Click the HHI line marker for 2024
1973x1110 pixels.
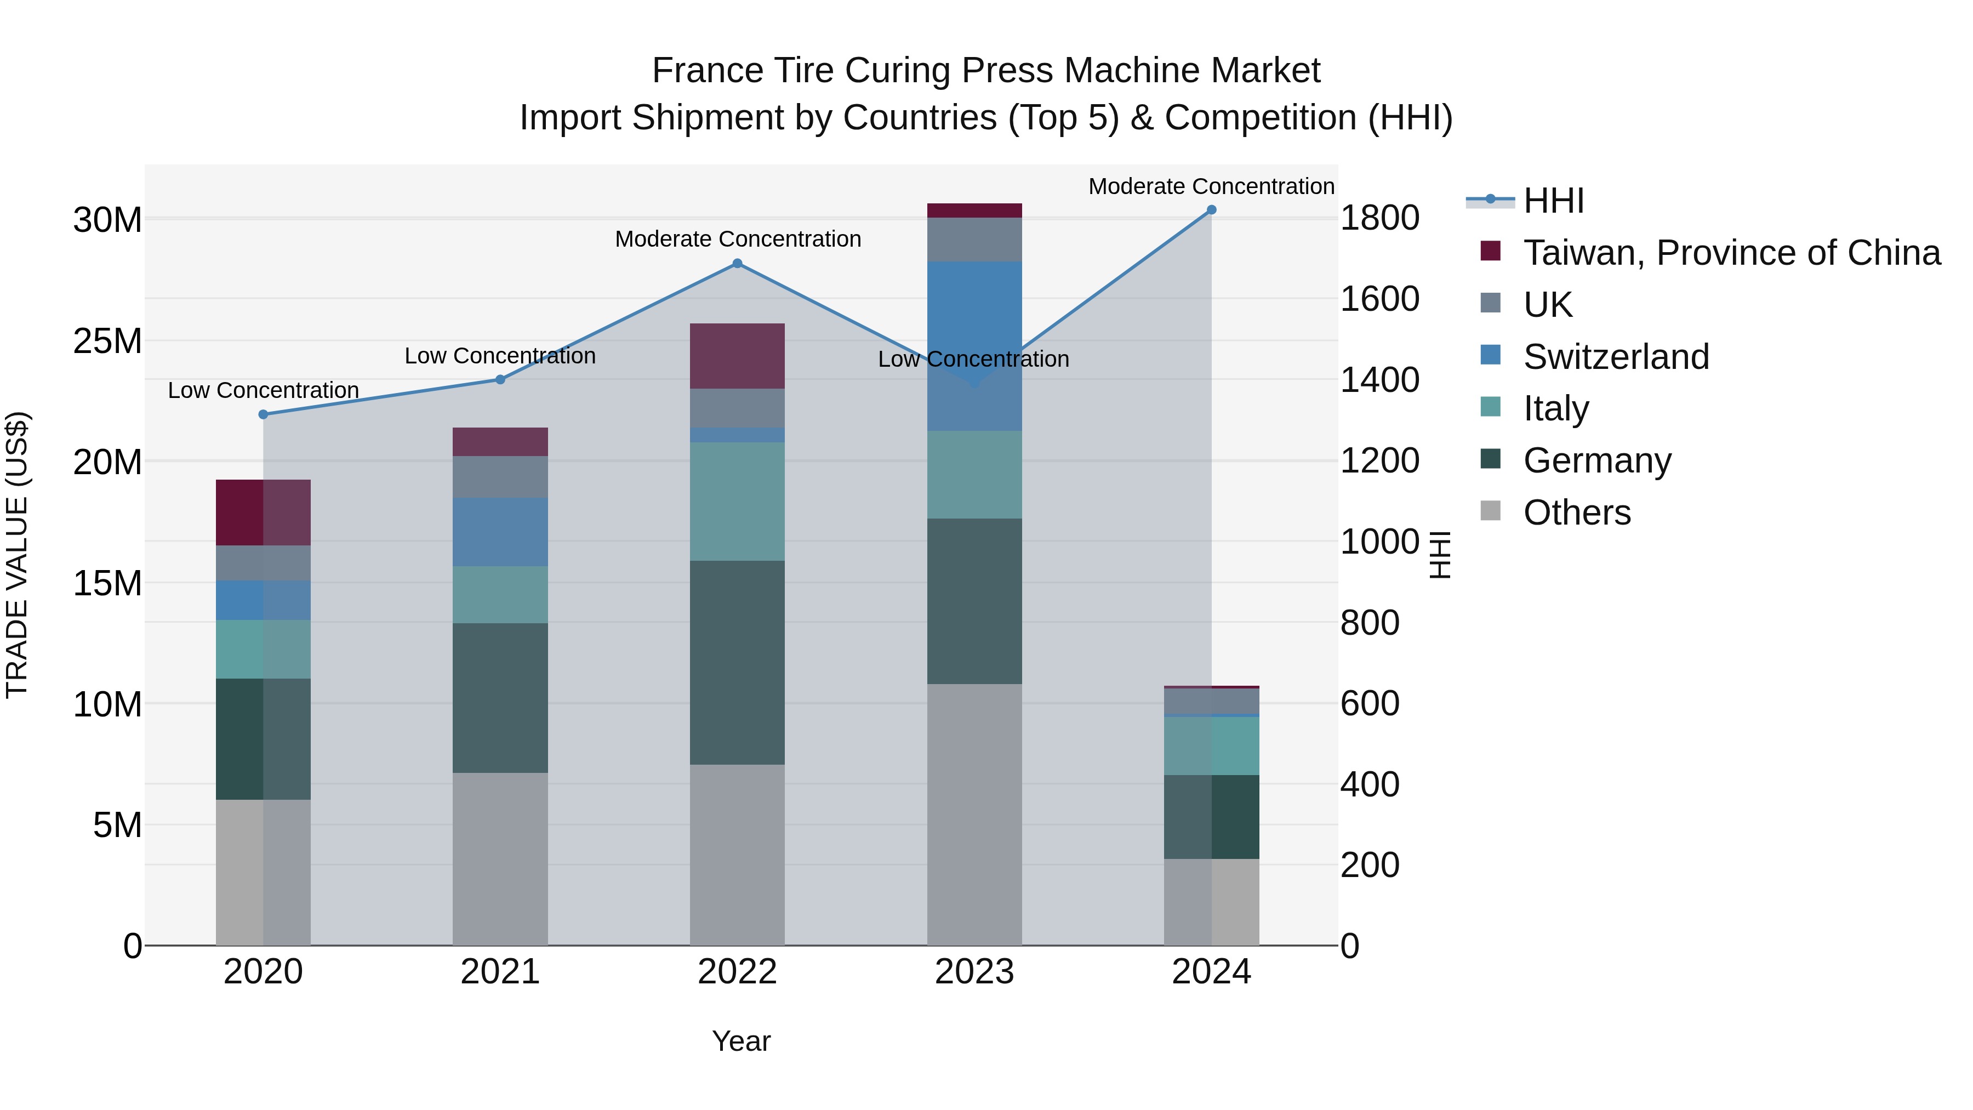tap(1211, 210)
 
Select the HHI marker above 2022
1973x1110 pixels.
tap(737, 264)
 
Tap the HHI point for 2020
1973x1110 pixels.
tap(264, 414)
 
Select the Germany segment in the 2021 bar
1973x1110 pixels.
tap(500, 698)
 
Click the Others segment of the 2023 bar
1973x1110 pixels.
tap(974, 815)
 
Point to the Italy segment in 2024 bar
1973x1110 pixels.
tap(1211, 746)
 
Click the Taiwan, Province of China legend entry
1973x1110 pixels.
tap(1731, 253)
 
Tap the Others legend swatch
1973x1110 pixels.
tap(1491, 510)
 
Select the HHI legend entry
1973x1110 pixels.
tap(1553, 201)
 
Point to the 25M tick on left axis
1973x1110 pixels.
tap(107, 341)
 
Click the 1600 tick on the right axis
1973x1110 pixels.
tap(1379, 299)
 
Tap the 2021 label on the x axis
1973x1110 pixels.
tap(500, 972)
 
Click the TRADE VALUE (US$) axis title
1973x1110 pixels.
tap(17, 555)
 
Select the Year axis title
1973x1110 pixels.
tap(740, 1041)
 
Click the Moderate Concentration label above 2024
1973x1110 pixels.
tap(1211, 186)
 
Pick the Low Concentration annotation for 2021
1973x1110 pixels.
tap(500, 356)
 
